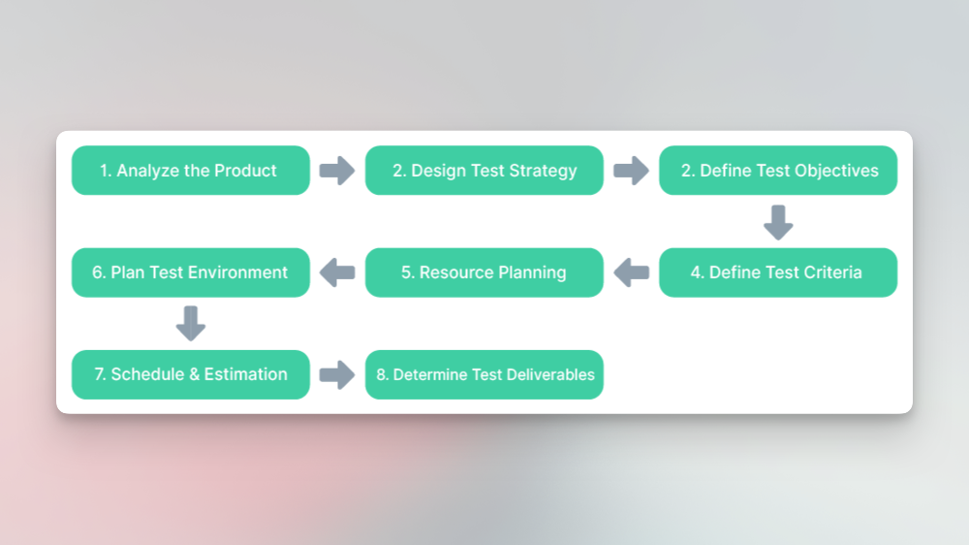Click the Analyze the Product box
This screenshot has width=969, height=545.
coord(190,171)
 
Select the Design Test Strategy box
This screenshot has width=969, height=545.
coord(484,171)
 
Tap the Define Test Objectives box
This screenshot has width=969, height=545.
coord(778,171)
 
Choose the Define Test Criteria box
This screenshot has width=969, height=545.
coord(778,272)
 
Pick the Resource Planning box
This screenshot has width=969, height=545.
coord(484,272)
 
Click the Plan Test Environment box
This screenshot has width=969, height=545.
coord(190,272)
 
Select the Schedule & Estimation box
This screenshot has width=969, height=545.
coord(190,374)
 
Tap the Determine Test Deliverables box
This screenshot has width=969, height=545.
coord(484,374)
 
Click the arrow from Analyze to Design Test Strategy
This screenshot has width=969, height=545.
coord(337,171)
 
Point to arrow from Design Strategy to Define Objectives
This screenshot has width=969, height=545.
coord(631,171)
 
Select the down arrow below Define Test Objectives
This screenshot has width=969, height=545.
coord(778,222)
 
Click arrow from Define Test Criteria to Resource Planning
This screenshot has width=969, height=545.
coord(631,272)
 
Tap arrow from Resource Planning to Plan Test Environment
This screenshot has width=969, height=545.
coord(337,272)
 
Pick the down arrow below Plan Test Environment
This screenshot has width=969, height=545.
coord(191,324)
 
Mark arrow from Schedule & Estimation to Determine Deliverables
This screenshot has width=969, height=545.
coord(337,374)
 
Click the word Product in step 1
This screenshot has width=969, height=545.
coord(246,171)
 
